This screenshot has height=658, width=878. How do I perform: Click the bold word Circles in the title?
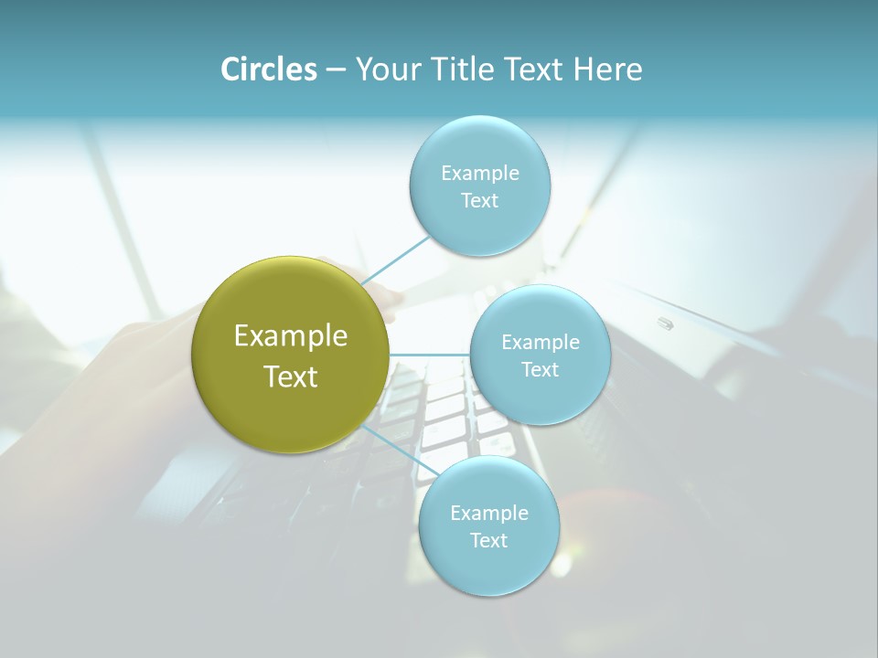click(268, 69)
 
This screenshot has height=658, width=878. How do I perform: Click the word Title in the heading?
click(464, 69)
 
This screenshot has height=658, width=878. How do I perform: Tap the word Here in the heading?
click(607, 69)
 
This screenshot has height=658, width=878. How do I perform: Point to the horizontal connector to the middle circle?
click(429, 354)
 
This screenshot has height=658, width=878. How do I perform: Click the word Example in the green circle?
click(291, 336)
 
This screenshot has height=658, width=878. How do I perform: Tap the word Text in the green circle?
click(291, 377)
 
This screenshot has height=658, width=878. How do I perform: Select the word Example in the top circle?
click(480, 174)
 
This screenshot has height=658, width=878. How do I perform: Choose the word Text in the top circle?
click(479, 201)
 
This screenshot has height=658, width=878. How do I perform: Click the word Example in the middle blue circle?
click(541, 343)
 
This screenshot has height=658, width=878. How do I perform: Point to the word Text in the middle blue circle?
click(540, 370)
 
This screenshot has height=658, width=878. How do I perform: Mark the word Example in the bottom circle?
click(489, 514)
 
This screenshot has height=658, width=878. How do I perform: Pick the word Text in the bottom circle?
click(488, 541)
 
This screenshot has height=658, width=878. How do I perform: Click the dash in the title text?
click(336, 69)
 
